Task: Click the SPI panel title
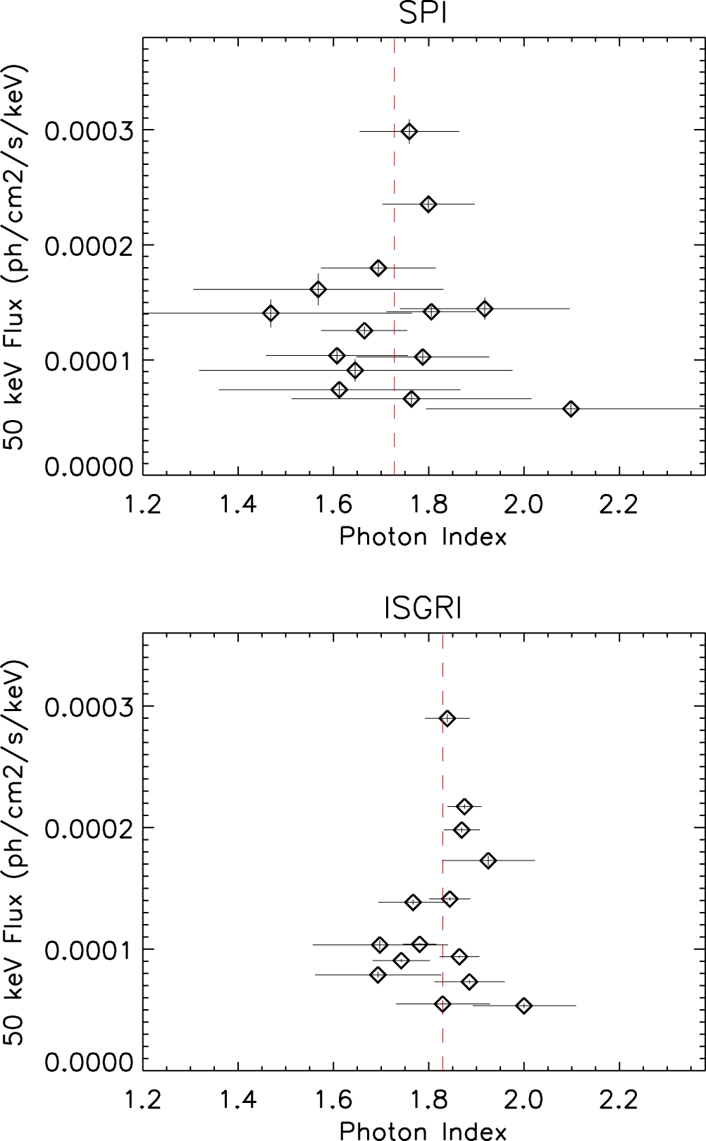[423, 14]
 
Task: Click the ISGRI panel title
[423, 608]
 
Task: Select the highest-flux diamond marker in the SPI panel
[409, 131]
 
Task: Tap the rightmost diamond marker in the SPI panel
[571, 409]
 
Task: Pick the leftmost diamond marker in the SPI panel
[271, 313]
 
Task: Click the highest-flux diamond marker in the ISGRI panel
[447, 719]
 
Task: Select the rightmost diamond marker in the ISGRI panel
[524, 1006]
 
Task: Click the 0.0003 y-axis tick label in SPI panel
[89, 131]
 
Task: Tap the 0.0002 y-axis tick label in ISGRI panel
[89, 829]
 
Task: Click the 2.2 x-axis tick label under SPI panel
[619, 505]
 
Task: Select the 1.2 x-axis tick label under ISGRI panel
[143, 1099]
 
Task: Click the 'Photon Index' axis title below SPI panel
[423, 537]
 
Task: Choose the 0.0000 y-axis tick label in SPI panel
[89, 467]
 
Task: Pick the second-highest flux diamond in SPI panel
[428, 204]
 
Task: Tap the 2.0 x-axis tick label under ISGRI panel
[524, 1099]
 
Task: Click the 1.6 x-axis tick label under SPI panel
[333, 505]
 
